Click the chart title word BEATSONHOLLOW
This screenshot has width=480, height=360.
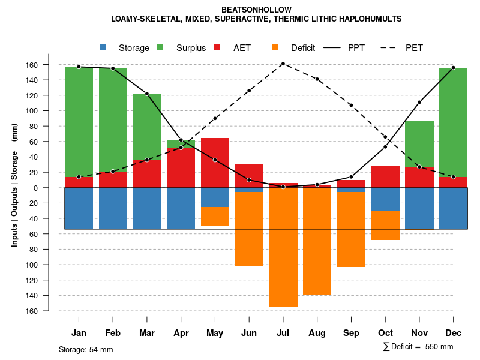[x=256, y=10]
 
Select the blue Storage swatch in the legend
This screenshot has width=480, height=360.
[x=103, y=47]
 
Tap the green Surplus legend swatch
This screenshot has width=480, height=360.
[x=160, y=47]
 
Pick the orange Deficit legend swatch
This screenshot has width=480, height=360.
[x=275, y=47]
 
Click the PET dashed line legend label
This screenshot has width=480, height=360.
[x=414, y=48]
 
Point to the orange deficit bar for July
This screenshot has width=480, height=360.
[x=283, y=247]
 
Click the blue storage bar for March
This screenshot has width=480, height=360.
[x=147, y=208]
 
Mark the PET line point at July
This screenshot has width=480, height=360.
[x=283, y=64]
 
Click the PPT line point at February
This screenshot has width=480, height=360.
[x=113, y=68]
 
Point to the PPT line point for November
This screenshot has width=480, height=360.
[x=419, y=102]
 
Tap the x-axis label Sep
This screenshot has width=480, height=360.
[x=351, y=333]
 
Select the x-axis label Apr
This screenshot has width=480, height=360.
[x=181, y=333]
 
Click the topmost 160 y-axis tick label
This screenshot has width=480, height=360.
[x=49, y=65]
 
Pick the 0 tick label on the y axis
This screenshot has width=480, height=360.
[x=52, y=188]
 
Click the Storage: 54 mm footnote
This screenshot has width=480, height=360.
[x=86, y=349]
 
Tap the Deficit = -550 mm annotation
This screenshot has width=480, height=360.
[x=418, y=347]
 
